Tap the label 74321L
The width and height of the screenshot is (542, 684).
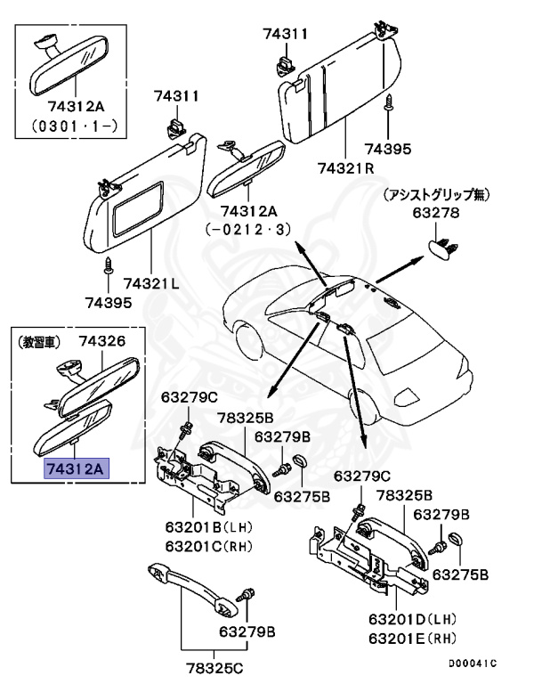point(151,283)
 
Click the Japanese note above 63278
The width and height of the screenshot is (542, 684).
point(436,195)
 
